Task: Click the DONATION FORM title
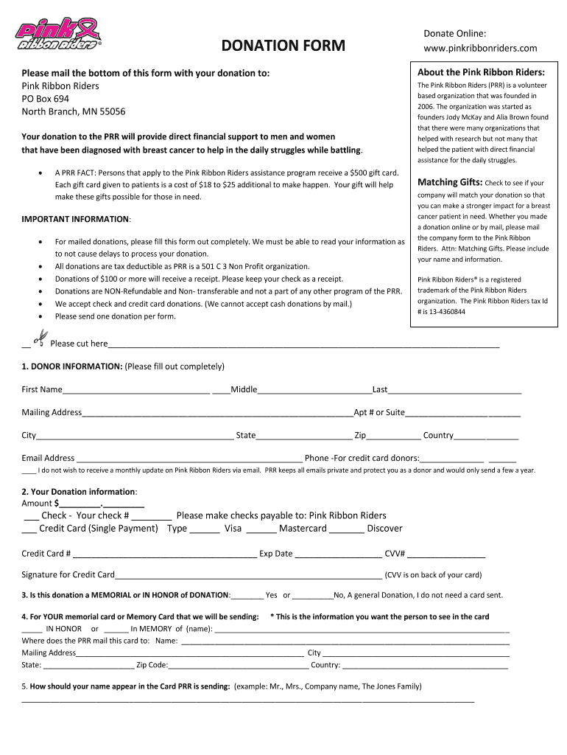coord(283,46)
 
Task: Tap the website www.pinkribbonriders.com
coord(480,49)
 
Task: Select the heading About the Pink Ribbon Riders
coord(481,72)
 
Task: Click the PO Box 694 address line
coord(46,99)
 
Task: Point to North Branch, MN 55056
coord(74,111)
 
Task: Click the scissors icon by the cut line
coord(40,339)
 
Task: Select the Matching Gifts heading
coord(450,182)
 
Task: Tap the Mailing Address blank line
coord(217,413)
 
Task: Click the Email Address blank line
coord(189,459)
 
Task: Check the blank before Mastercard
coord(261,529)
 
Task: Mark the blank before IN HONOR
coord(32,630)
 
